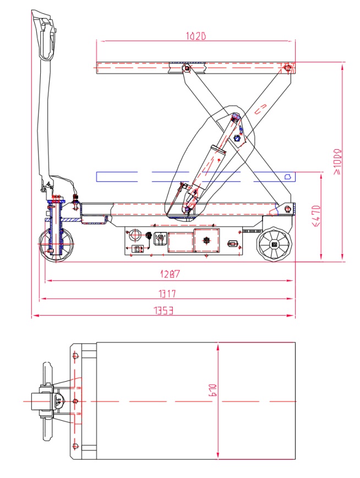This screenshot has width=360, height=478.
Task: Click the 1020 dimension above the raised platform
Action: [x=195, y=36]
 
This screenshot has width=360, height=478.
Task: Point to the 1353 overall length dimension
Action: [x=163, y=311]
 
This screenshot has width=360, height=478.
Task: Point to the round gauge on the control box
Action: [x=133, y=236]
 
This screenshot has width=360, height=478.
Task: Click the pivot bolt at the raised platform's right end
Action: [x=286, y=67]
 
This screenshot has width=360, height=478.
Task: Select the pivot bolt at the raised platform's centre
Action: [x=187, y=68]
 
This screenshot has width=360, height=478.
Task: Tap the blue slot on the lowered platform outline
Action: [x=287, y=177]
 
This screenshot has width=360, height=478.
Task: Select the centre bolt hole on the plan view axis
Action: [x=73, y=401]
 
